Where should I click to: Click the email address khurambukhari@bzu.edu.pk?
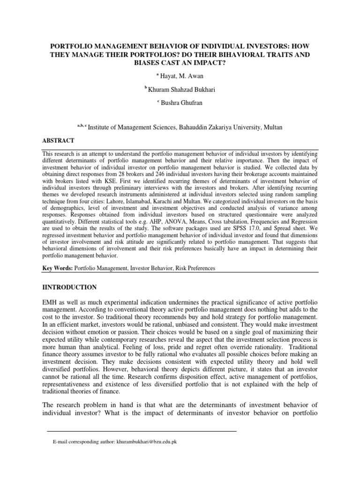(150, 442)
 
